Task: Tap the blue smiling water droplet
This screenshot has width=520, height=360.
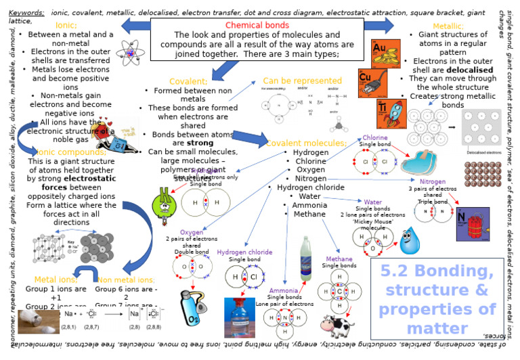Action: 409,240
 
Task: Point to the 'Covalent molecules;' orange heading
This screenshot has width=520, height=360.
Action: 306,143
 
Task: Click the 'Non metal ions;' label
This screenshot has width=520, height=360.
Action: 127,279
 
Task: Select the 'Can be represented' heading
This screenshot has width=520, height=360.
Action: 302,81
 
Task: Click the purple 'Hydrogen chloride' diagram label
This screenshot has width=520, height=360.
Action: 244,252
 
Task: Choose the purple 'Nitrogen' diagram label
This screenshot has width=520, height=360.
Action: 433,182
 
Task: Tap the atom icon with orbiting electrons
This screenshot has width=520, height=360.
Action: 128,51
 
